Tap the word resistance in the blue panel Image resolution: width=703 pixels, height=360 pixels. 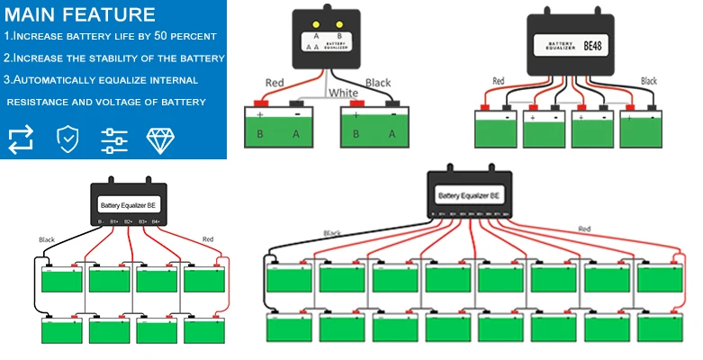click(41, 102)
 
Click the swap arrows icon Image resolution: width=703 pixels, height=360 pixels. click(21, 139)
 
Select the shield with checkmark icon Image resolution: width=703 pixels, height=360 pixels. click(67, 139)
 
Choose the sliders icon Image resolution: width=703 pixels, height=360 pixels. click(114, 139)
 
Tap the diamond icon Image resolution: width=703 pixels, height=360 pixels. click(160, 139)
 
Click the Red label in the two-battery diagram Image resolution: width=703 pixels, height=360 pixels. click(275, 83)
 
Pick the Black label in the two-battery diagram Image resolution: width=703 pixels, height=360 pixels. click(378, 83)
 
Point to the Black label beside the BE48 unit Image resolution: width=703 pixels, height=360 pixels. click(649, 81)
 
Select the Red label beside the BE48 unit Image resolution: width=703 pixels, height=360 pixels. click(499, 81)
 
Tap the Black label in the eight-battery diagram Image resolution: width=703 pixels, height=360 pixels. click(47, 240)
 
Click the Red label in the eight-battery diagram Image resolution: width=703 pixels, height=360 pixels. click(208, 239)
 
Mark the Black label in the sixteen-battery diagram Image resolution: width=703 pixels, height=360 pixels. click(331, 233)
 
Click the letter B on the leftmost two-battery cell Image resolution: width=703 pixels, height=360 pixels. click(262, 133)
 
